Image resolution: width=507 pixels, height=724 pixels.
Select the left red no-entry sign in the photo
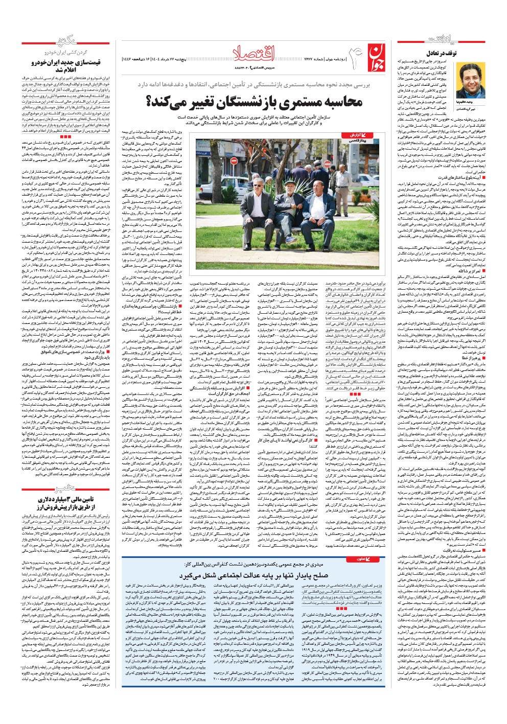234,161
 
